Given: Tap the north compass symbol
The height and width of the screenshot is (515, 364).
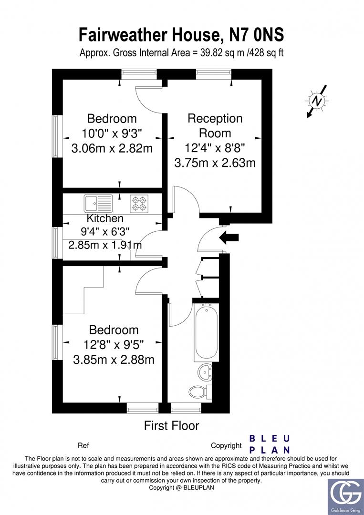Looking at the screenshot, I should click(316, 101).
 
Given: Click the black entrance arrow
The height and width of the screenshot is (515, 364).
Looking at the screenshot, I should click(229, 237).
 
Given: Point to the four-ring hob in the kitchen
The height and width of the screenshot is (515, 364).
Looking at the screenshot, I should click(139, 204).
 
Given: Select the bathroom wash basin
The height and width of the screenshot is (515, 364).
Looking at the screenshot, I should click(206, 371).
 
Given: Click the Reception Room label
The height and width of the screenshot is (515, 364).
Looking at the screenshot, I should click(215, 125).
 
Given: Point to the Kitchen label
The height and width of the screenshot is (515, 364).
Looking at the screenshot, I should click(105, 218).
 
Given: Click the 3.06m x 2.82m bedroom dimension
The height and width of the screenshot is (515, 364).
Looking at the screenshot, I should click(112, 148).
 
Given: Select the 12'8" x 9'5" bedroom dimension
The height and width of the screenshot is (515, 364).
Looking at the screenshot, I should click(114, 344).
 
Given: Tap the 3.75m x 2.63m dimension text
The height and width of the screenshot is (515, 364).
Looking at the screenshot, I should click(215, 163).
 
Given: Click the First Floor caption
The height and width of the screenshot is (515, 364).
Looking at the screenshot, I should click(171, 425).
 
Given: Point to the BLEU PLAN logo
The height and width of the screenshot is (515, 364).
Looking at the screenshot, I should click(270, 444).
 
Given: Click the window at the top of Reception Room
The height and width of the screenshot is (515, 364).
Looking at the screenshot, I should click(213, 73).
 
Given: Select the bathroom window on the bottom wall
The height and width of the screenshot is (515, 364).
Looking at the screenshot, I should click(186, 408).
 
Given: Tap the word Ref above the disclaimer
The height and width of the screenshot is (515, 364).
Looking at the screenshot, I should click(83, 446).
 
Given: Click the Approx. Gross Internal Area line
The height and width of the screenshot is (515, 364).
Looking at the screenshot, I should click(181, 52).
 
